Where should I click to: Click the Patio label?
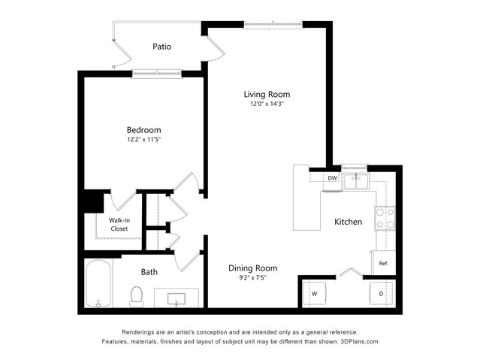click(162, 47)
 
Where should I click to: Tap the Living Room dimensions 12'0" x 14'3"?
click(267, 104)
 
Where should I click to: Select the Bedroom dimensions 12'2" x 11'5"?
click(144, 140)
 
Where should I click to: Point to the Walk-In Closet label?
click(119, 225)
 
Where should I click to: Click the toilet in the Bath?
click(137, 297)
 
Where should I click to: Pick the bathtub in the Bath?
click(98, 283)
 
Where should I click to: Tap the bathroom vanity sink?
click(177, 298)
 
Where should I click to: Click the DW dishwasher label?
click(333, 178)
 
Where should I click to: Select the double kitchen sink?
click(356, 181)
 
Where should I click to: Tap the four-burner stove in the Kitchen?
click(385, 219)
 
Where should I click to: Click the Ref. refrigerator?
click(384, 263)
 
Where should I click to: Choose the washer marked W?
click(315, 293)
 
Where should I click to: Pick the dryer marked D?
click(381, 293)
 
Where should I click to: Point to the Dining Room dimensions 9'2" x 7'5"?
click(252, 278)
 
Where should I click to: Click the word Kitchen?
click(348, 222)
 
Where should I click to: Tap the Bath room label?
click(149, 272)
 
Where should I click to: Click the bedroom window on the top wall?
click(157, 74)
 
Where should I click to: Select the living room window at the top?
click(273, 24)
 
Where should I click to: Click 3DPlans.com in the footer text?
click(359, 341)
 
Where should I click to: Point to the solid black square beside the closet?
click(94, 201)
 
